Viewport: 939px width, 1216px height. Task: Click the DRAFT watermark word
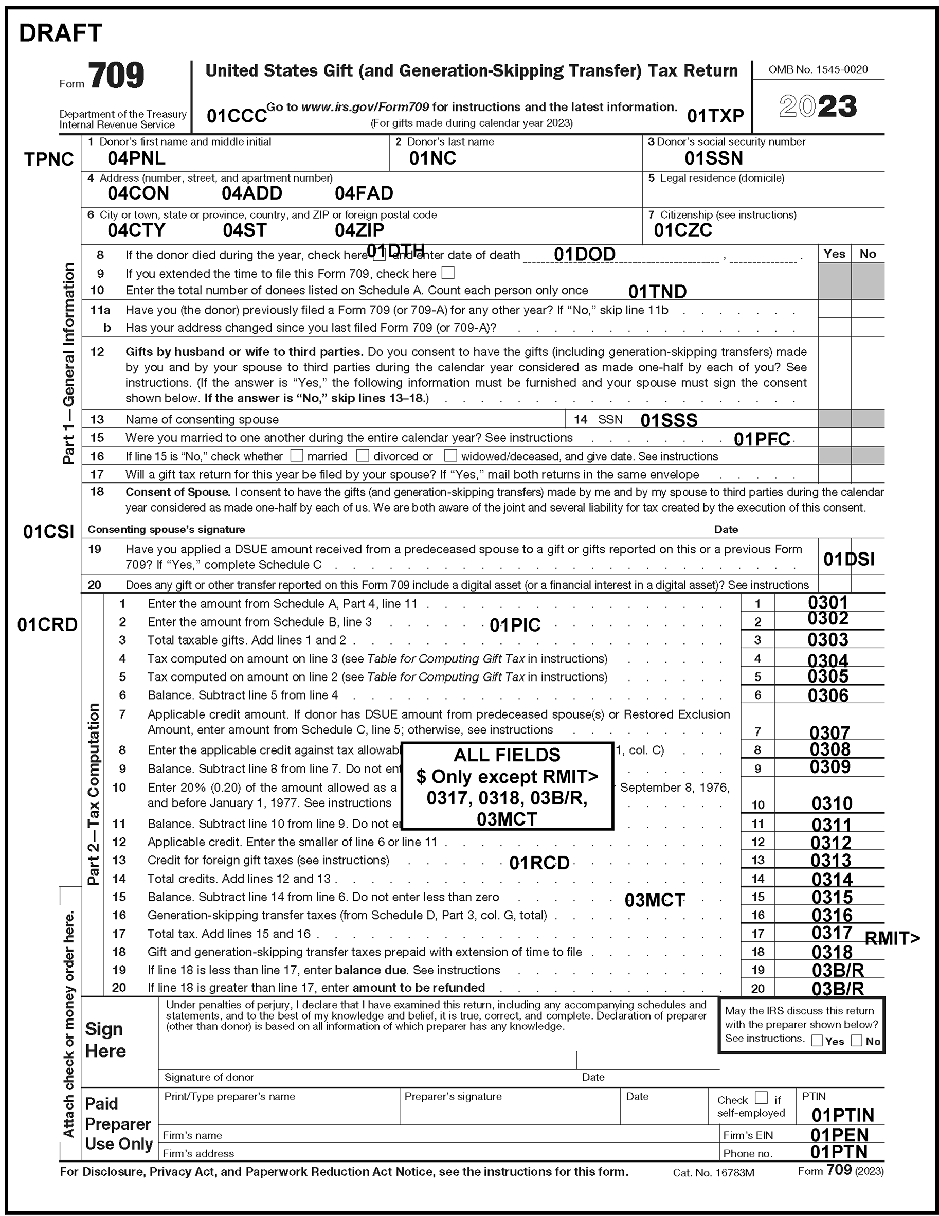pos(61,33)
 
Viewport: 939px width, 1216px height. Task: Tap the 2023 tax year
pos(818,106)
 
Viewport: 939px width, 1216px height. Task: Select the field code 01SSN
pos(714,158)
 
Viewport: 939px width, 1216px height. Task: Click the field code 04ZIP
pos(359,230)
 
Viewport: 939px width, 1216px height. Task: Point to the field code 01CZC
pos(682,230)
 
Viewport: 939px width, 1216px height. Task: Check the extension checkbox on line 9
pos(447,273)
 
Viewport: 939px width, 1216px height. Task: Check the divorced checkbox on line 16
pos(363,456)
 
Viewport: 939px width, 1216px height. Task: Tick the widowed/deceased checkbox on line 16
pos(450,456)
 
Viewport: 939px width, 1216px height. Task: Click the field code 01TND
pos(657,292)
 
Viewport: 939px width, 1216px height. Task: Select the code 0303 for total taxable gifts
pos(828,640)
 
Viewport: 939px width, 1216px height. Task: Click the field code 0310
pos(832,803)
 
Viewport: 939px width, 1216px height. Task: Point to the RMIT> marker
pos(892,939)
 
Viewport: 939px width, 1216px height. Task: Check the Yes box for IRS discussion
pos(817,1041)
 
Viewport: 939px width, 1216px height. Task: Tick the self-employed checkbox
pos(761,1097)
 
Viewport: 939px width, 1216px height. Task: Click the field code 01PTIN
pos(843,1115)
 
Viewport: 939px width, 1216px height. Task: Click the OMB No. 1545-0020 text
pos(818,69)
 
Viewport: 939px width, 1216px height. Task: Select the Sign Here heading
pos(105,1040)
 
